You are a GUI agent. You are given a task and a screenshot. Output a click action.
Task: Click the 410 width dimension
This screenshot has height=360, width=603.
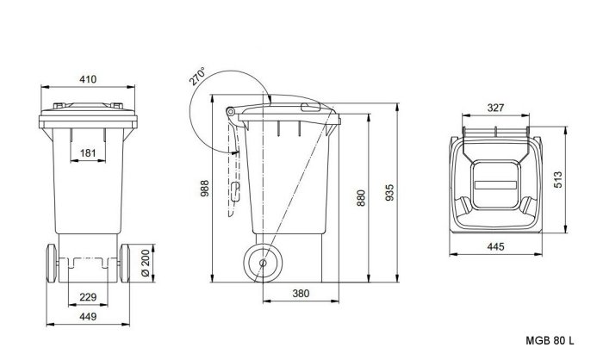click(x=88, y=79)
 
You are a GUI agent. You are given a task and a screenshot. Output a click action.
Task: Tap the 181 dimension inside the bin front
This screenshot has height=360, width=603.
click(x=88, y=153)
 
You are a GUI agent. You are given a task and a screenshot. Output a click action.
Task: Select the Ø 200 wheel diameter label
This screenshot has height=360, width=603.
click(x=146, y=263)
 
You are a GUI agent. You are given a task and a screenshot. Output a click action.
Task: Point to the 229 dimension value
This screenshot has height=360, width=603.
click(x=88, y=297)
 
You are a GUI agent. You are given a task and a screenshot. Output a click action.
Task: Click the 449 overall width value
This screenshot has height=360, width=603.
click(x=88, y=317)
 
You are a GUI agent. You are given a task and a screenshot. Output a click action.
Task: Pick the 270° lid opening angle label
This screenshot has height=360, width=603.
click(x=197, y=76)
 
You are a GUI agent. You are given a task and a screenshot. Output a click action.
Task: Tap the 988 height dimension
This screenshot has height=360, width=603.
click(x=205, y=188)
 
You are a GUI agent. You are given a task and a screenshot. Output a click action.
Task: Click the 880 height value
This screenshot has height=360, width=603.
click(x=361, y=198)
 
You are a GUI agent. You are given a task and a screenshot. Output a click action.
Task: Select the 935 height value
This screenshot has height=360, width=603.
click(x=389, y=193)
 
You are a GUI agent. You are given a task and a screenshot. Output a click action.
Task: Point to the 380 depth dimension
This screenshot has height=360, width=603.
click(x=301, y=294)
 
